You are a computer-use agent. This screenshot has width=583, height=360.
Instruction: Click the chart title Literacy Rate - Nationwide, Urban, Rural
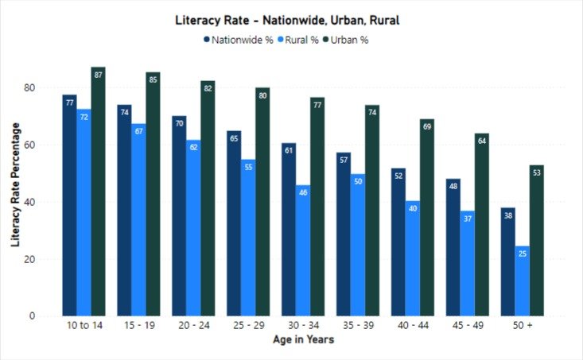287,20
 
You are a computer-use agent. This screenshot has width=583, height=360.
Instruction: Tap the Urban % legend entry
349,39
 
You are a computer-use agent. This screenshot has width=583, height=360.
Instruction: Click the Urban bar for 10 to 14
98,191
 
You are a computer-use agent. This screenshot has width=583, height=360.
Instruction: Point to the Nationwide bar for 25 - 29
234,223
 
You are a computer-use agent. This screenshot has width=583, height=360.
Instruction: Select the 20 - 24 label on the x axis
193,326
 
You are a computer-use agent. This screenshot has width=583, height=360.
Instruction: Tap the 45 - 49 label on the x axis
467,326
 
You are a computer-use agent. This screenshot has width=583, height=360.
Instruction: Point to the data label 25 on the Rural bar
522,254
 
